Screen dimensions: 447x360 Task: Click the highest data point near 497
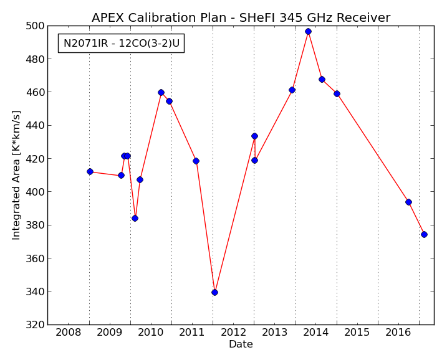click(x=308, y=31)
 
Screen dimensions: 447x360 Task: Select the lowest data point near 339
click(x=214, y=292)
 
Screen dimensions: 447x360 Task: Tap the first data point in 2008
click(x=90, y=171)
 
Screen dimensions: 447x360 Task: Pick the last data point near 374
click(x=424, y=234)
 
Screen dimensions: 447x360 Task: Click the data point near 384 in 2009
click(x=135, y=218)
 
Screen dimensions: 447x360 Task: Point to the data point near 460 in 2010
click(x=161, y=92)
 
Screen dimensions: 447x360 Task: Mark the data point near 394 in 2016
click(x=408, y=202)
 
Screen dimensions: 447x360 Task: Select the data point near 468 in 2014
click(x=322, y=79)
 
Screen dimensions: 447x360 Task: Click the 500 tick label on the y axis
click(x=35, y=26)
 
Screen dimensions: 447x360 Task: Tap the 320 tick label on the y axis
click(x=35, y=324)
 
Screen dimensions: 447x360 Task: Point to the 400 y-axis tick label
click(x=35, y=192)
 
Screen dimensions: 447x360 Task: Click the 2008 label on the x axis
click(x=69, y=332)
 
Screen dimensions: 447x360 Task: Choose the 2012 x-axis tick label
click(x=234, y=332)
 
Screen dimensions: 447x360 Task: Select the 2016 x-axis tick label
click(x=398, y=332)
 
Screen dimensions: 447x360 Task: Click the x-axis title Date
click(x=241, y=344)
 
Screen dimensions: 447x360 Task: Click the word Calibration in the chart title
click(x=163, y=18)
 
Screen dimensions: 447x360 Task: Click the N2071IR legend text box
click(x=121, y=44)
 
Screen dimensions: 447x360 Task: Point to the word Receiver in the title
click(x=363, y=18)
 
